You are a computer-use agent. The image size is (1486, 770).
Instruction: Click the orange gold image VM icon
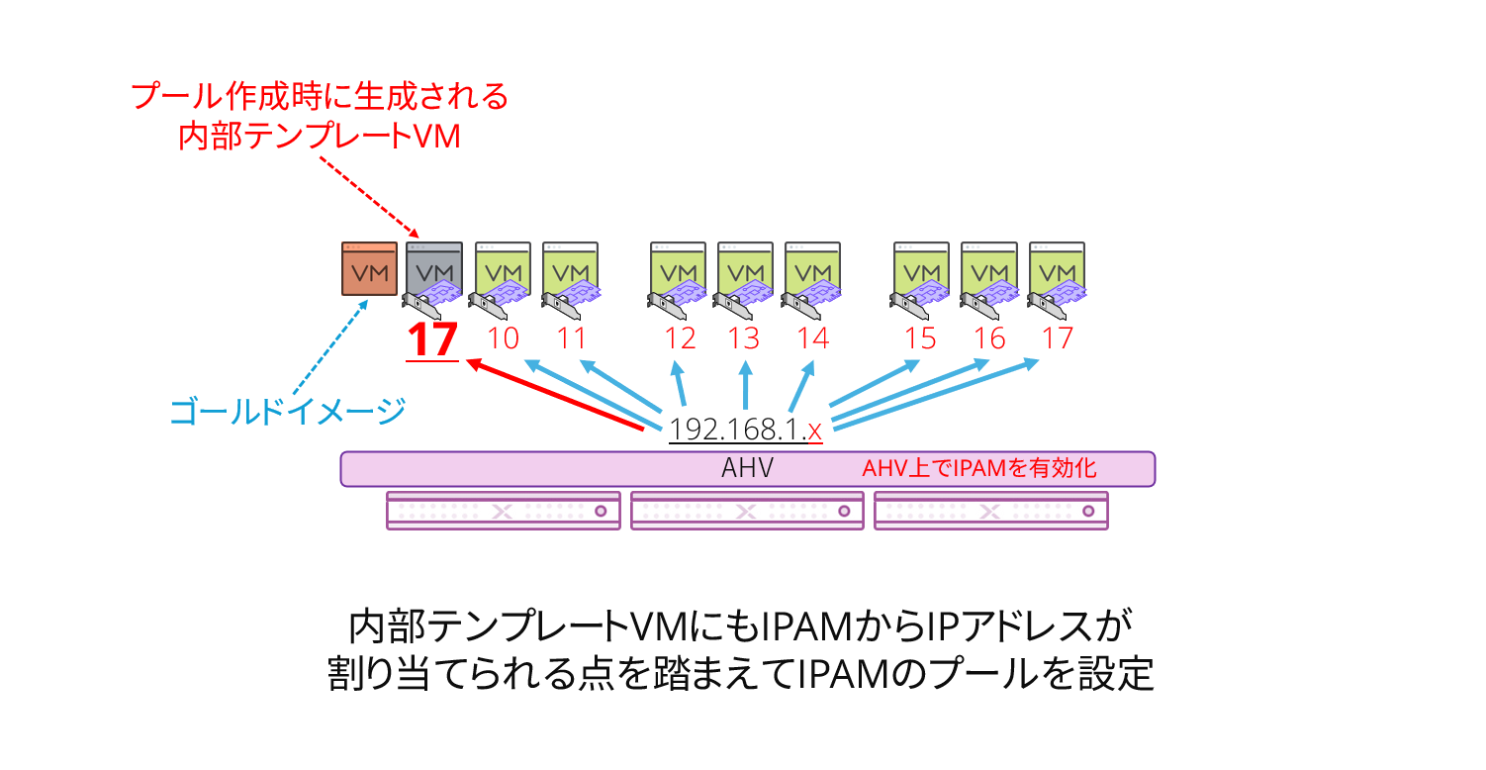[369, 269]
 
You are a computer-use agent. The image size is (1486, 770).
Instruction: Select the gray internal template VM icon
[434, 269]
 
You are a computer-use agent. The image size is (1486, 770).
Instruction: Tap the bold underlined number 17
[432, 339]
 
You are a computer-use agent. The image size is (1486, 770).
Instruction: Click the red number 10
[504, 338]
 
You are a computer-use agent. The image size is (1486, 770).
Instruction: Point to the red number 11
[572, 338]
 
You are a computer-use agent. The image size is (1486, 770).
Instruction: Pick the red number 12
[680, 338]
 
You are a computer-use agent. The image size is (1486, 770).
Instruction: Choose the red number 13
[744, 338]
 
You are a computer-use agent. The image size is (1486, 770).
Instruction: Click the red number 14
[812, 338]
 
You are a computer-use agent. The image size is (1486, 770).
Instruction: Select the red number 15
[920, 338]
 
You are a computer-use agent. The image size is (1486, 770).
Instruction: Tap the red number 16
[989, 338]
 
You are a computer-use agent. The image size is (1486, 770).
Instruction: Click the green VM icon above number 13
[745, 269]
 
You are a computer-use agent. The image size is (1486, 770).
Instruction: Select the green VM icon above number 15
[922, 269]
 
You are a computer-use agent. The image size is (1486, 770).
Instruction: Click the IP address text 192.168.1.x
[745, 430]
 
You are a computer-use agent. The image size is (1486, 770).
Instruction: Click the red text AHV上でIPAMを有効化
[979, 468]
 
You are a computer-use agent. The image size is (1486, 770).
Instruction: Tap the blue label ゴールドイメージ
[288, 411]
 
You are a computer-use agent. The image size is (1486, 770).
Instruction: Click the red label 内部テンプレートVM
[320, 136]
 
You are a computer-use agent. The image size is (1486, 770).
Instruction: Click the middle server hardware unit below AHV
[747, 511]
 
